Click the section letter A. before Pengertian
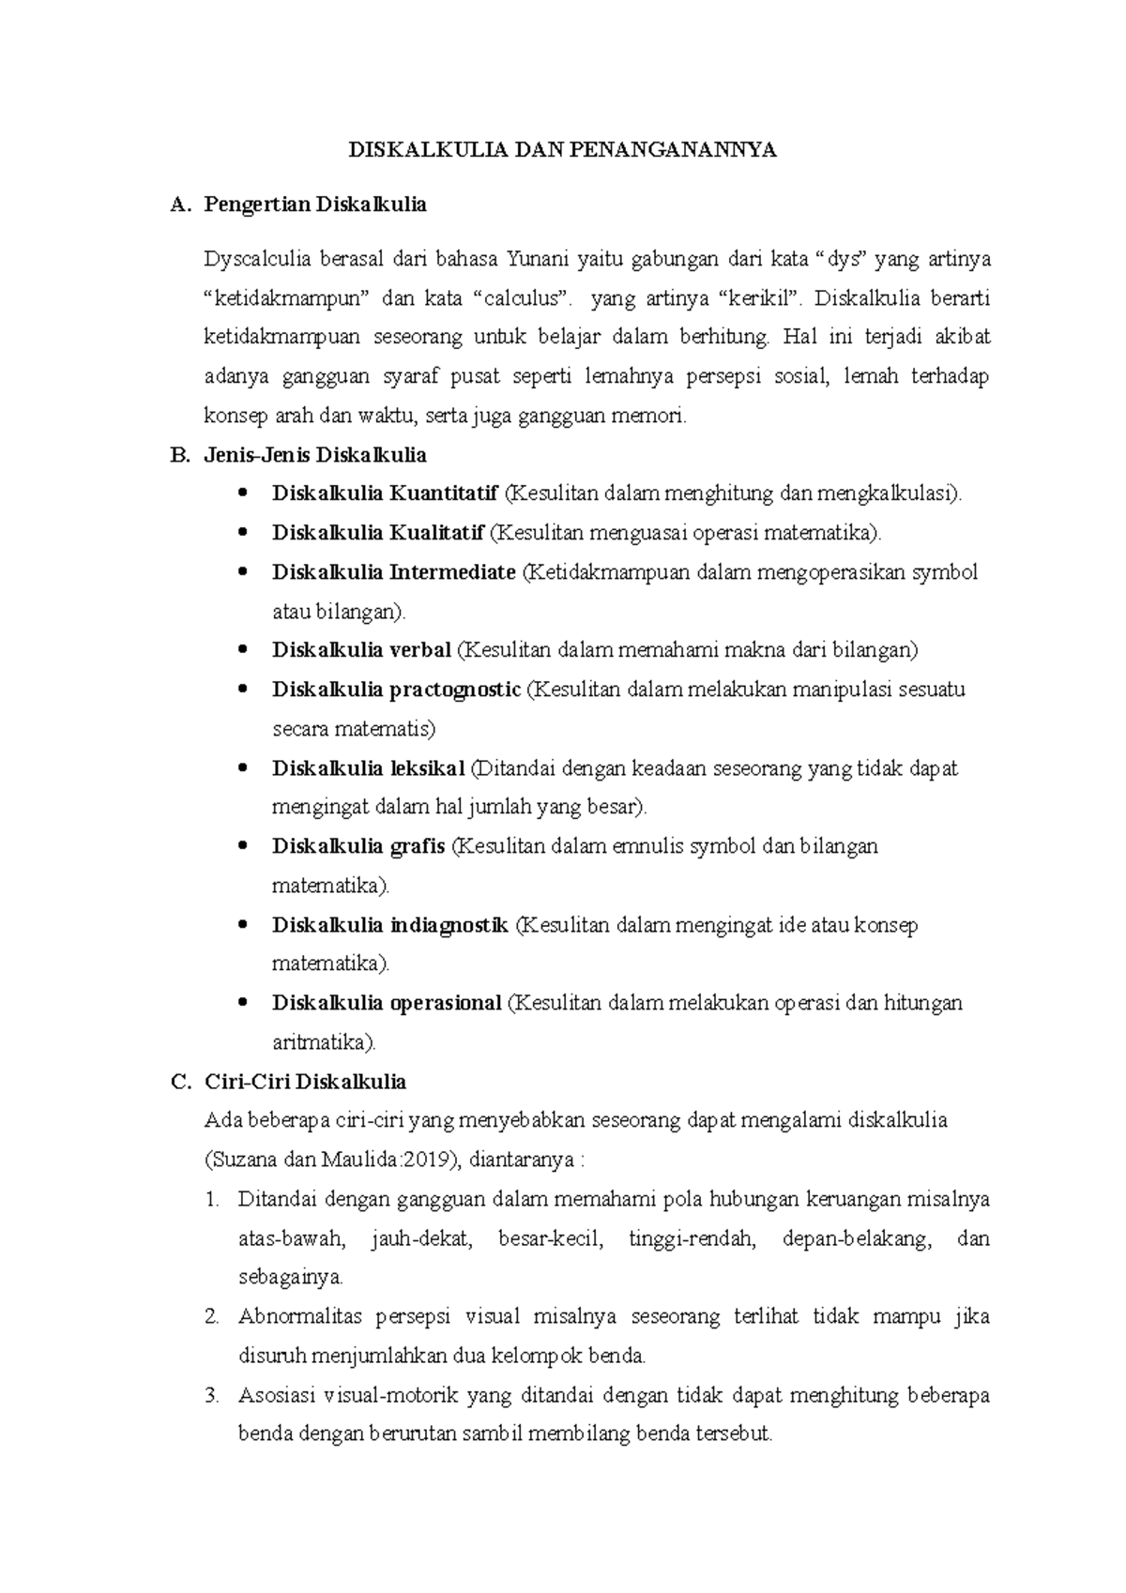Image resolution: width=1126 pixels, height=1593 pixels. pos(180,205)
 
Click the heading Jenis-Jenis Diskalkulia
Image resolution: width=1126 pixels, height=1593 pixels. pos(314,455)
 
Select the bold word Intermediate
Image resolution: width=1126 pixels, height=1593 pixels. pos(452,572)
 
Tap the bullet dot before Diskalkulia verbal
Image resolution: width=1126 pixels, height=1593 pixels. pos(244,650)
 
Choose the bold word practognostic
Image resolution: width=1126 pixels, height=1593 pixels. pos(455,690)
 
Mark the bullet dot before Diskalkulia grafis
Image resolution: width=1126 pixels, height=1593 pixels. pos(244,846)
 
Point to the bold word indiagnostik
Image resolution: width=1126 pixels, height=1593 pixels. pos(449,925)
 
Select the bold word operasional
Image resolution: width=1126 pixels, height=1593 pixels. pos(446,1003)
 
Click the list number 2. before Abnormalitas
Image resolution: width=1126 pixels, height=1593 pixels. pos(211,1317)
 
